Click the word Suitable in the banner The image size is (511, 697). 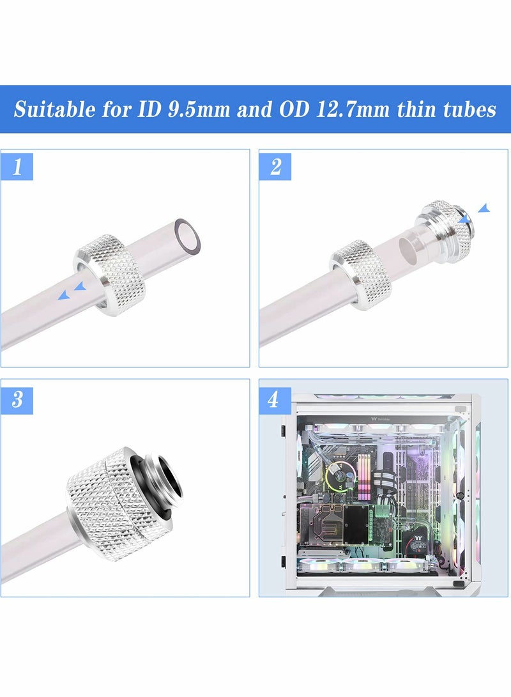pos(54,109)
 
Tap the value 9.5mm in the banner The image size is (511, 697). pos(199,109)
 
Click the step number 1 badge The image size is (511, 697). pos(17,167)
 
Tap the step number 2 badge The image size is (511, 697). pos(275,167)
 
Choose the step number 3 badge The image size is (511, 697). pos(17,399)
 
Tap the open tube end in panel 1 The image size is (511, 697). pos(187,234)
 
